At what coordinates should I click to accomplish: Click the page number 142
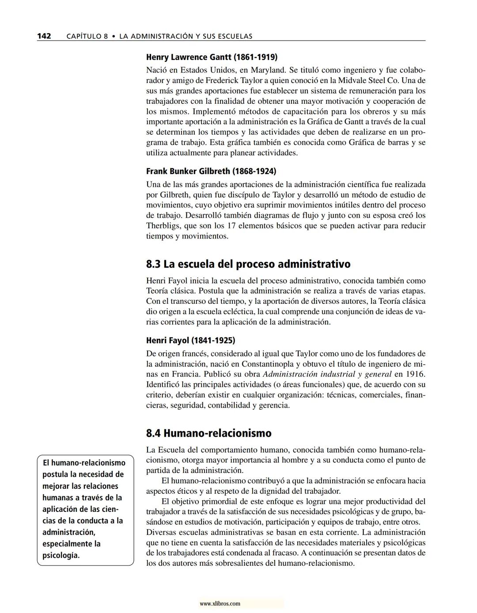point(44,36)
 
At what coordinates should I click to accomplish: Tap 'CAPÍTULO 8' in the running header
point(87,36)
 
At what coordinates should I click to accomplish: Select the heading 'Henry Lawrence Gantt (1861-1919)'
point(212,57)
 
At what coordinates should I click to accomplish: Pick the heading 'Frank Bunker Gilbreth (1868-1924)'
point(211,171)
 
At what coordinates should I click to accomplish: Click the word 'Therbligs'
point(163,226)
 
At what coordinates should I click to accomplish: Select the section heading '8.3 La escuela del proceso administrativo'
point(248,264)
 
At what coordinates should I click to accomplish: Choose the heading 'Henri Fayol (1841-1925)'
point(190,341)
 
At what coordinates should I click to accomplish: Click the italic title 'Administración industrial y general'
point(327,374)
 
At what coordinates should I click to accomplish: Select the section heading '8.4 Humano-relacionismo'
point(209,433)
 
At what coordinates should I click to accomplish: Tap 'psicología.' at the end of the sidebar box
point(61,555)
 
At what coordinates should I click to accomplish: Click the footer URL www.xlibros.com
point(220,603)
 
